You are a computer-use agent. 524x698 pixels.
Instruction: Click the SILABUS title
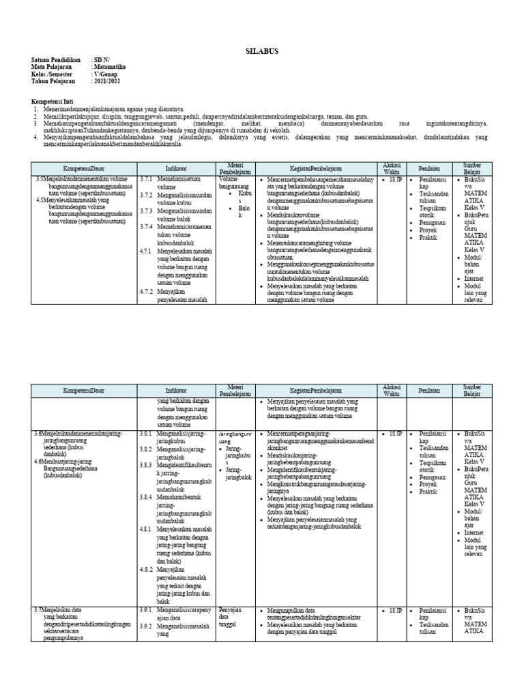point(261,51)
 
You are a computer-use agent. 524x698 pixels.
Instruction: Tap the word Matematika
point(110,67)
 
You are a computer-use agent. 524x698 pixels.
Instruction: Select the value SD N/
point(102,60)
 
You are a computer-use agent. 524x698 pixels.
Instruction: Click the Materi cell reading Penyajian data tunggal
point(229,617)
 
